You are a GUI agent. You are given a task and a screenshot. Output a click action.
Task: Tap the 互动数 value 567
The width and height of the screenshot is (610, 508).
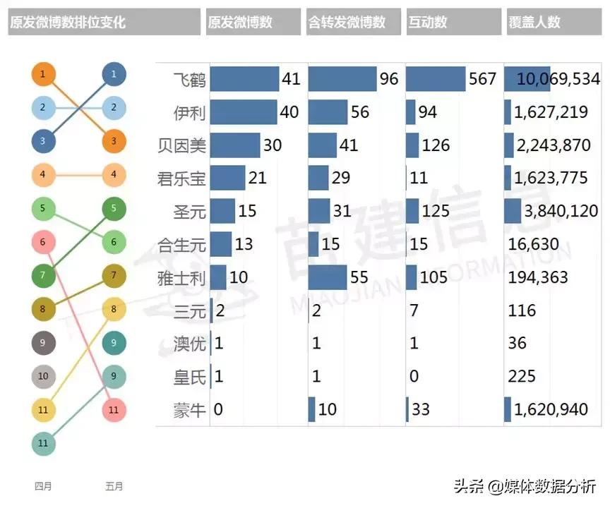point(483,79)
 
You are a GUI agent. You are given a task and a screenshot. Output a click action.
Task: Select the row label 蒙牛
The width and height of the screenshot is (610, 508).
point(189,410)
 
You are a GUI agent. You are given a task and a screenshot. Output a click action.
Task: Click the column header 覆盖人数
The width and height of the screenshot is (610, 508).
point(534,22)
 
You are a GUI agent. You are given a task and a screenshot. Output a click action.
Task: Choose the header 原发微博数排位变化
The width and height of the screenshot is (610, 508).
point(68,22)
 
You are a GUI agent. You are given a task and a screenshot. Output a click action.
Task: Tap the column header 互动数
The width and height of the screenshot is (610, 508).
point(427,22)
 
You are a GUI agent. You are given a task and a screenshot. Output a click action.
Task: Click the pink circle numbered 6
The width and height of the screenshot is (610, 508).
point(43,243)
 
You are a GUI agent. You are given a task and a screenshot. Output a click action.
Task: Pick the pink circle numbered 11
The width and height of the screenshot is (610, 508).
point(114,409)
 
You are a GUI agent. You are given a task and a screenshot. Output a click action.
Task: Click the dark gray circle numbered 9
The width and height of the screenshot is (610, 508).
point(43,343)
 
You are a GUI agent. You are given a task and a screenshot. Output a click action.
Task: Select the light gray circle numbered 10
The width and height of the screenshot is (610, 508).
point(43,376)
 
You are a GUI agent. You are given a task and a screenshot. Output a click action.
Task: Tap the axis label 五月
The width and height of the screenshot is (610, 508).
point(114,486)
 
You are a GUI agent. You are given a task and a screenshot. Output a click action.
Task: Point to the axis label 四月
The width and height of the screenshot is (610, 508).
point(43,486)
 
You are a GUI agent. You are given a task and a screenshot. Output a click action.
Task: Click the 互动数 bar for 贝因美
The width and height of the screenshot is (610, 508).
point(412,145)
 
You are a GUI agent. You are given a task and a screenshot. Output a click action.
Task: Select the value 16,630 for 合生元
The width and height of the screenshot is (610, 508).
point(534,244)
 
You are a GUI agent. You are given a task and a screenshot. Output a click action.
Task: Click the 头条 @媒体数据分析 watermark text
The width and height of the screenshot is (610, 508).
point(524,485)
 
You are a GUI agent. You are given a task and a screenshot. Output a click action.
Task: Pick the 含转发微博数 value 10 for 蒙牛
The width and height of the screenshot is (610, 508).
point(328,410)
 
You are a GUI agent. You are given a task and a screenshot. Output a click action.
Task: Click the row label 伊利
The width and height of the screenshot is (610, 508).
point(189,112)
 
